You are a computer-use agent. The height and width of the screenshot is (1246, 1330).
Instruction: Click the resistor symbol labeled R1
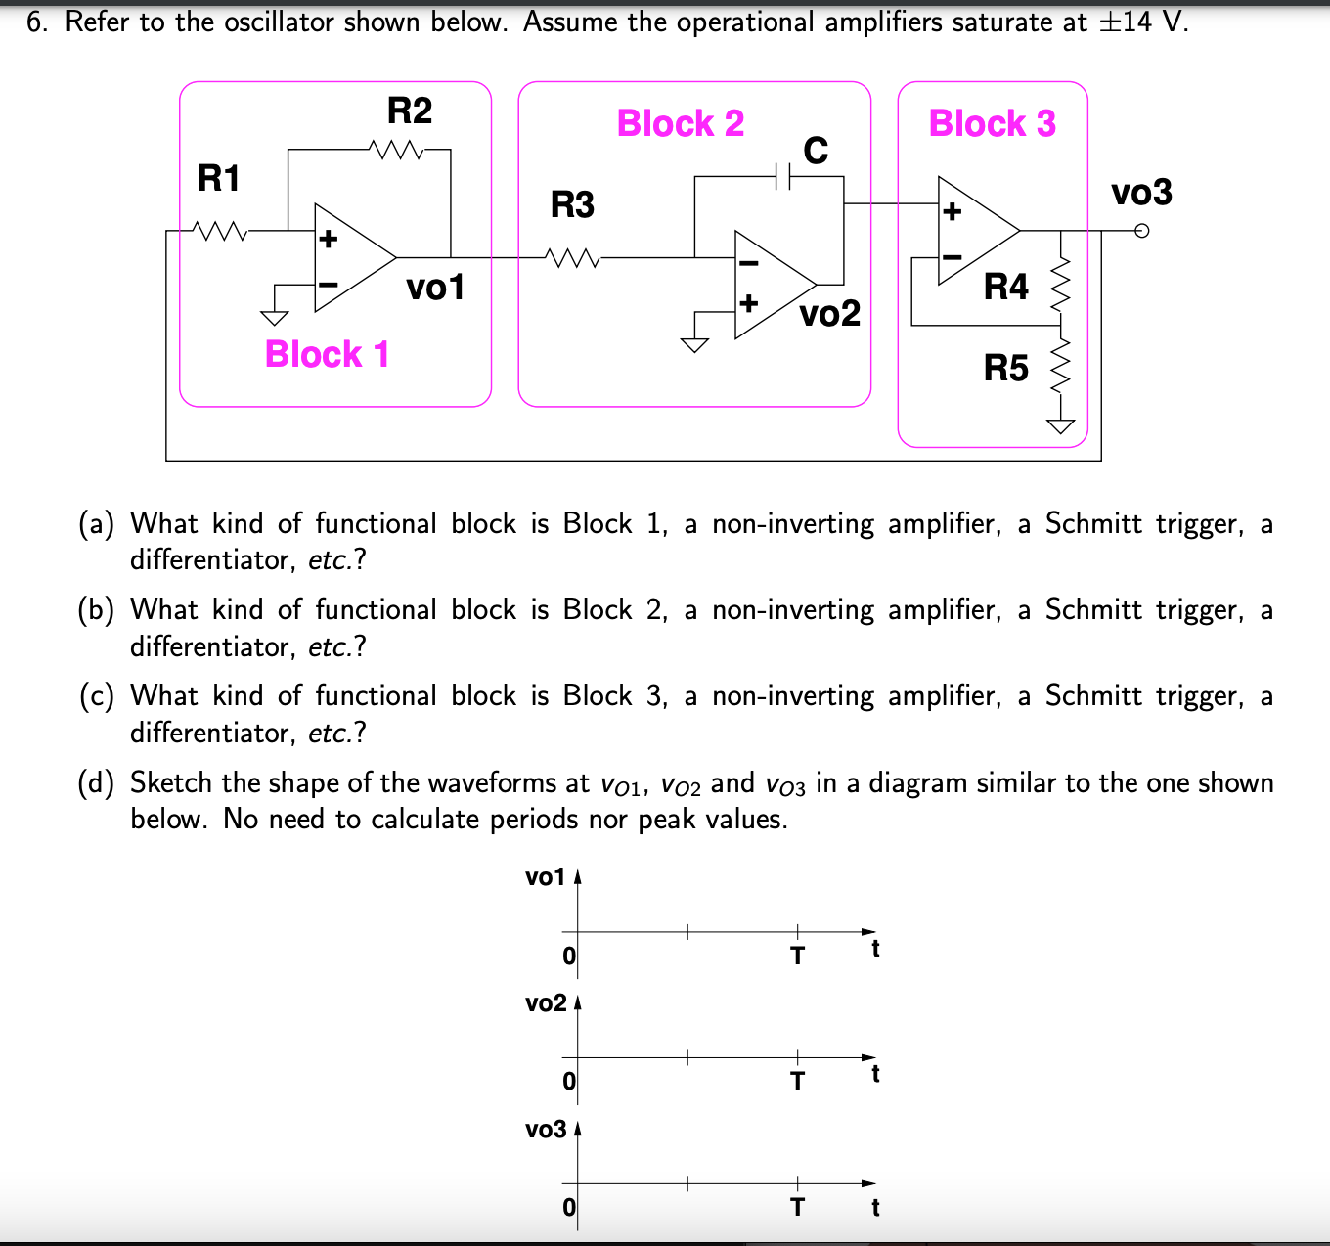pos(221,232)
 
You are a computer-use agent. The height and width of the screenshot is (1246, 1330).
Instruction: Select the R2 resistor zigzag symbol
pos(396,151)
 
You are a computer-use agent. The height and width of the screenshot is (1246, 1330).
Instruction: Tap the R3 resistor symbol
pos(574,258)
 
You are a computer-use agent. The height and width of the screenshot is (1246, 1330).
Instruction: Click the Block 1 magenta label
pos(327,354)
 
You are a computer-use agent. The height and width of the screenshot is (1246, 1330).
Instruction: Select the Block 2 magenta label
pos(681,124)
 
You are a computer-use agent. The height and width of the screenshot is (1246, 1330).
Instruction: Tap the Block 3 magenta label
pos(992,124)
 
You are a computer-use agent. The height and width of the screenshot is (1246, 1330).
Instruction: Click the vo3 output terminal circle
pos(1141,232)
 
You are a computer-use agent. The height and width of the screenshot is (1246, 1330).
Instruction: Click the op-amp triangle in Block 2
pos(771,286)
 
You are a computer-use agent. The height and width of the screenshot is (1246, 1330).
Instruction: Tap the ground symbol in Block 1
pos(275,316)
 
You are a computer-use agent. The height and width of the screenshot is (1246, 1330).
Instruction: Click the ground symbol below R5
pos(1061,425)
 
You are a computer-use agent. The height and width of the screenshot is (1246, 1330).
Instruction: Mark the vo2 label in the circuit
pos(829,314)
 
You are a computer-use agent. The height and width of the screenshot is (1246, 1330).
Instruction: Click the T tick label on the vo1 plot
pos(797,956)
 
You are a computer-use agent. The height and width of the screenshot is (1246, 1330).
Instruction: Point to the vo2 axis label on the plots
pos(546,1003)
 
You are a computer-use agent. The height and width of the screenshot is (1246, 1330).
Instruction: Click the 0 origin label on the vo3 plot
pos(569,1207)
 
